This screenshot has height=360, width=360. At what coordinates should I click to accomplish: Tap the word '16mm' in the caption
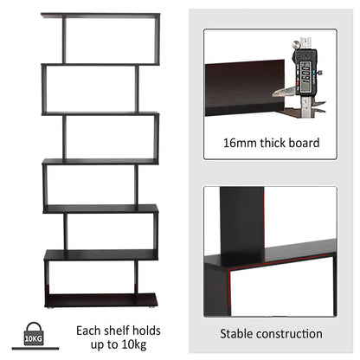coord(239,144)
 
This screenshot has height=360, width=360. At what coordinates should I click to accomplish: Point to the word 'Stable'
coord(240,333)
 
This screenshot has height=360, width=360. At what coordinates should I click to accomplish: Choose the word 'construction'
coord(293,333)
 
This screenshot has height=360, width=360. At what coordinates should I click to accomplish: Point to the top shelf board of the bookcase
coord(100,15)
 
